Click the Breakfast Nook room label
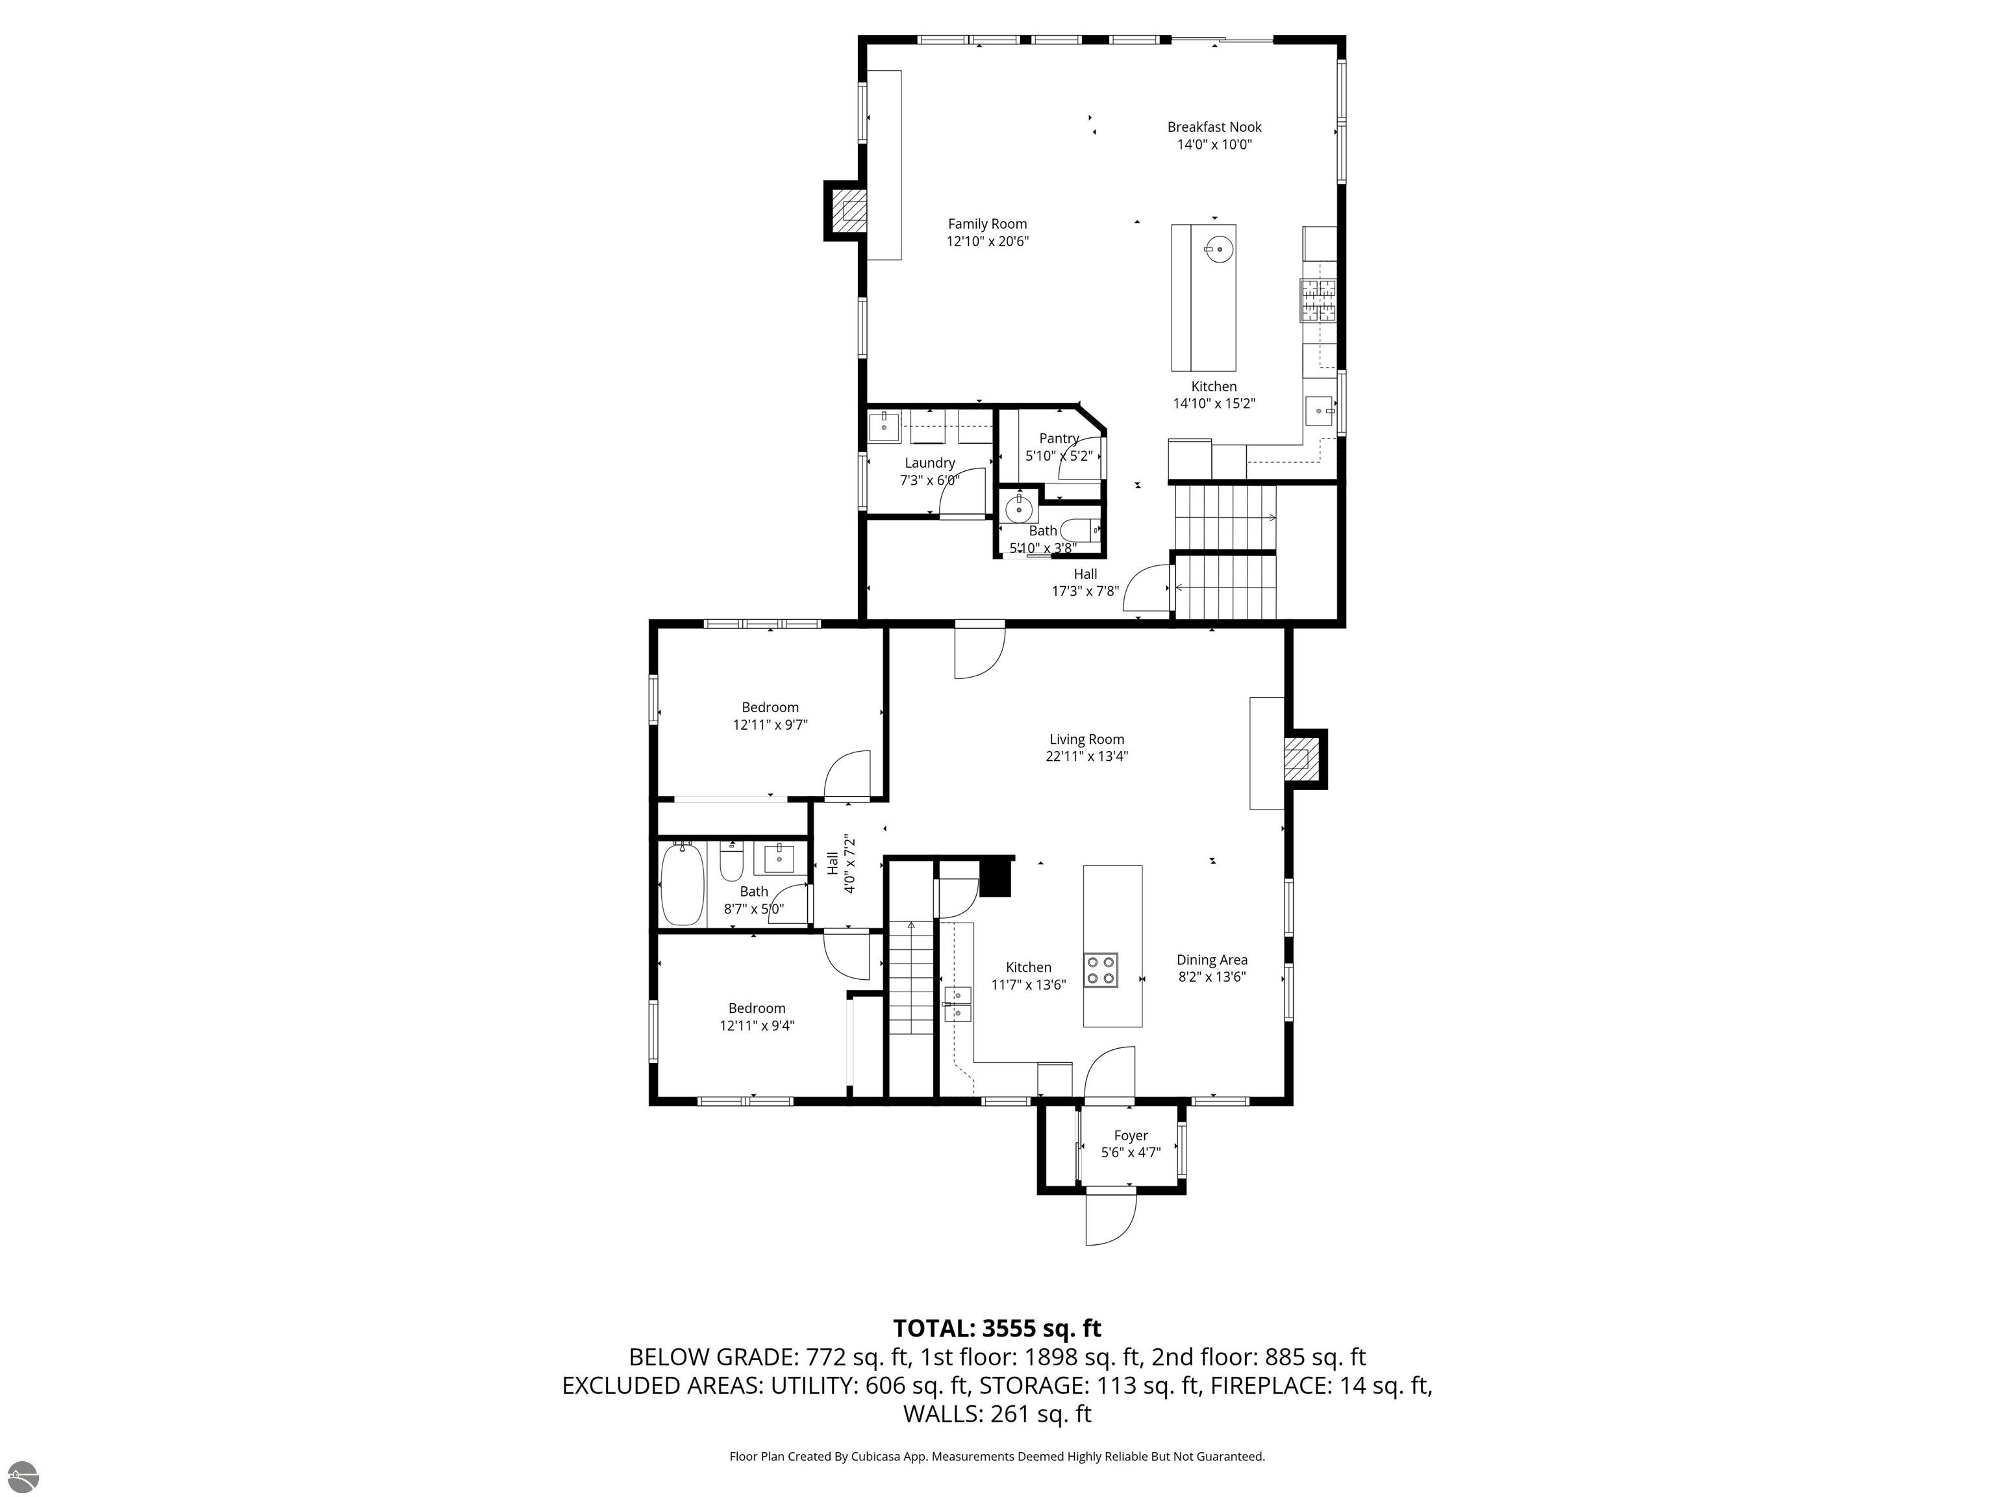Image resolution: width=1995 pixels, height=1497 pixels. click(x=1214, y=127)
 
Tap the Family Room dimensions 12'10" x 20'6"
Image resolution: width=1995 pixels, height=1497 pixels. click(x=986, y=241)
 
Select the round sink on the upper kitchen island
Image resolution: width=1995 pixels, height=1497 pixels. click(x=1218, y=248)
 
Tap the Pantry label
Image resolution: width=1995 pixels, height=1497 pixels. click(x=1059, y=439)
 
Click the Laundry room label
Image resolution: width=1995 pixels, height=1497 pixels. click(x=929, y=463)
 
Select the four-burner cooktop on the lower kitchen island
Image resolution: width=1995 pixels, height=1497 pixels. click(x=1100, y=970)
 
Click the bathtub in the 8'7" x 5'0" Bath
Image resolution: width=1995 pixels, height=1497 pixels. click(x=682, y=884)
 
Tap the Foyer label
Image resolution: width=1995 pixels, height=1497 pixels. click(x=1130, y=1136)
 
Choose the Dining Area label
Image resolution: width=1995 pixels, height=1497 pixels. click(x=1211, y=960)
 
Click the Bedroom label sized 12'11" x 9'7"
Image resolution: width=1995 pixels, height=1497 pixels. click(x=770, y=708)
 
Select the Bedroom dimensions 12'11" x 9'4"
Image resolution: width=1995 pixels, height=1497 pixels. click(x=757, y=1025)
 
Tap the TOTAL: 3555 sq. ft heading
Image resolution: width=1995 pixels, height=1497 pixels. click(x=997, y=1328)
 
